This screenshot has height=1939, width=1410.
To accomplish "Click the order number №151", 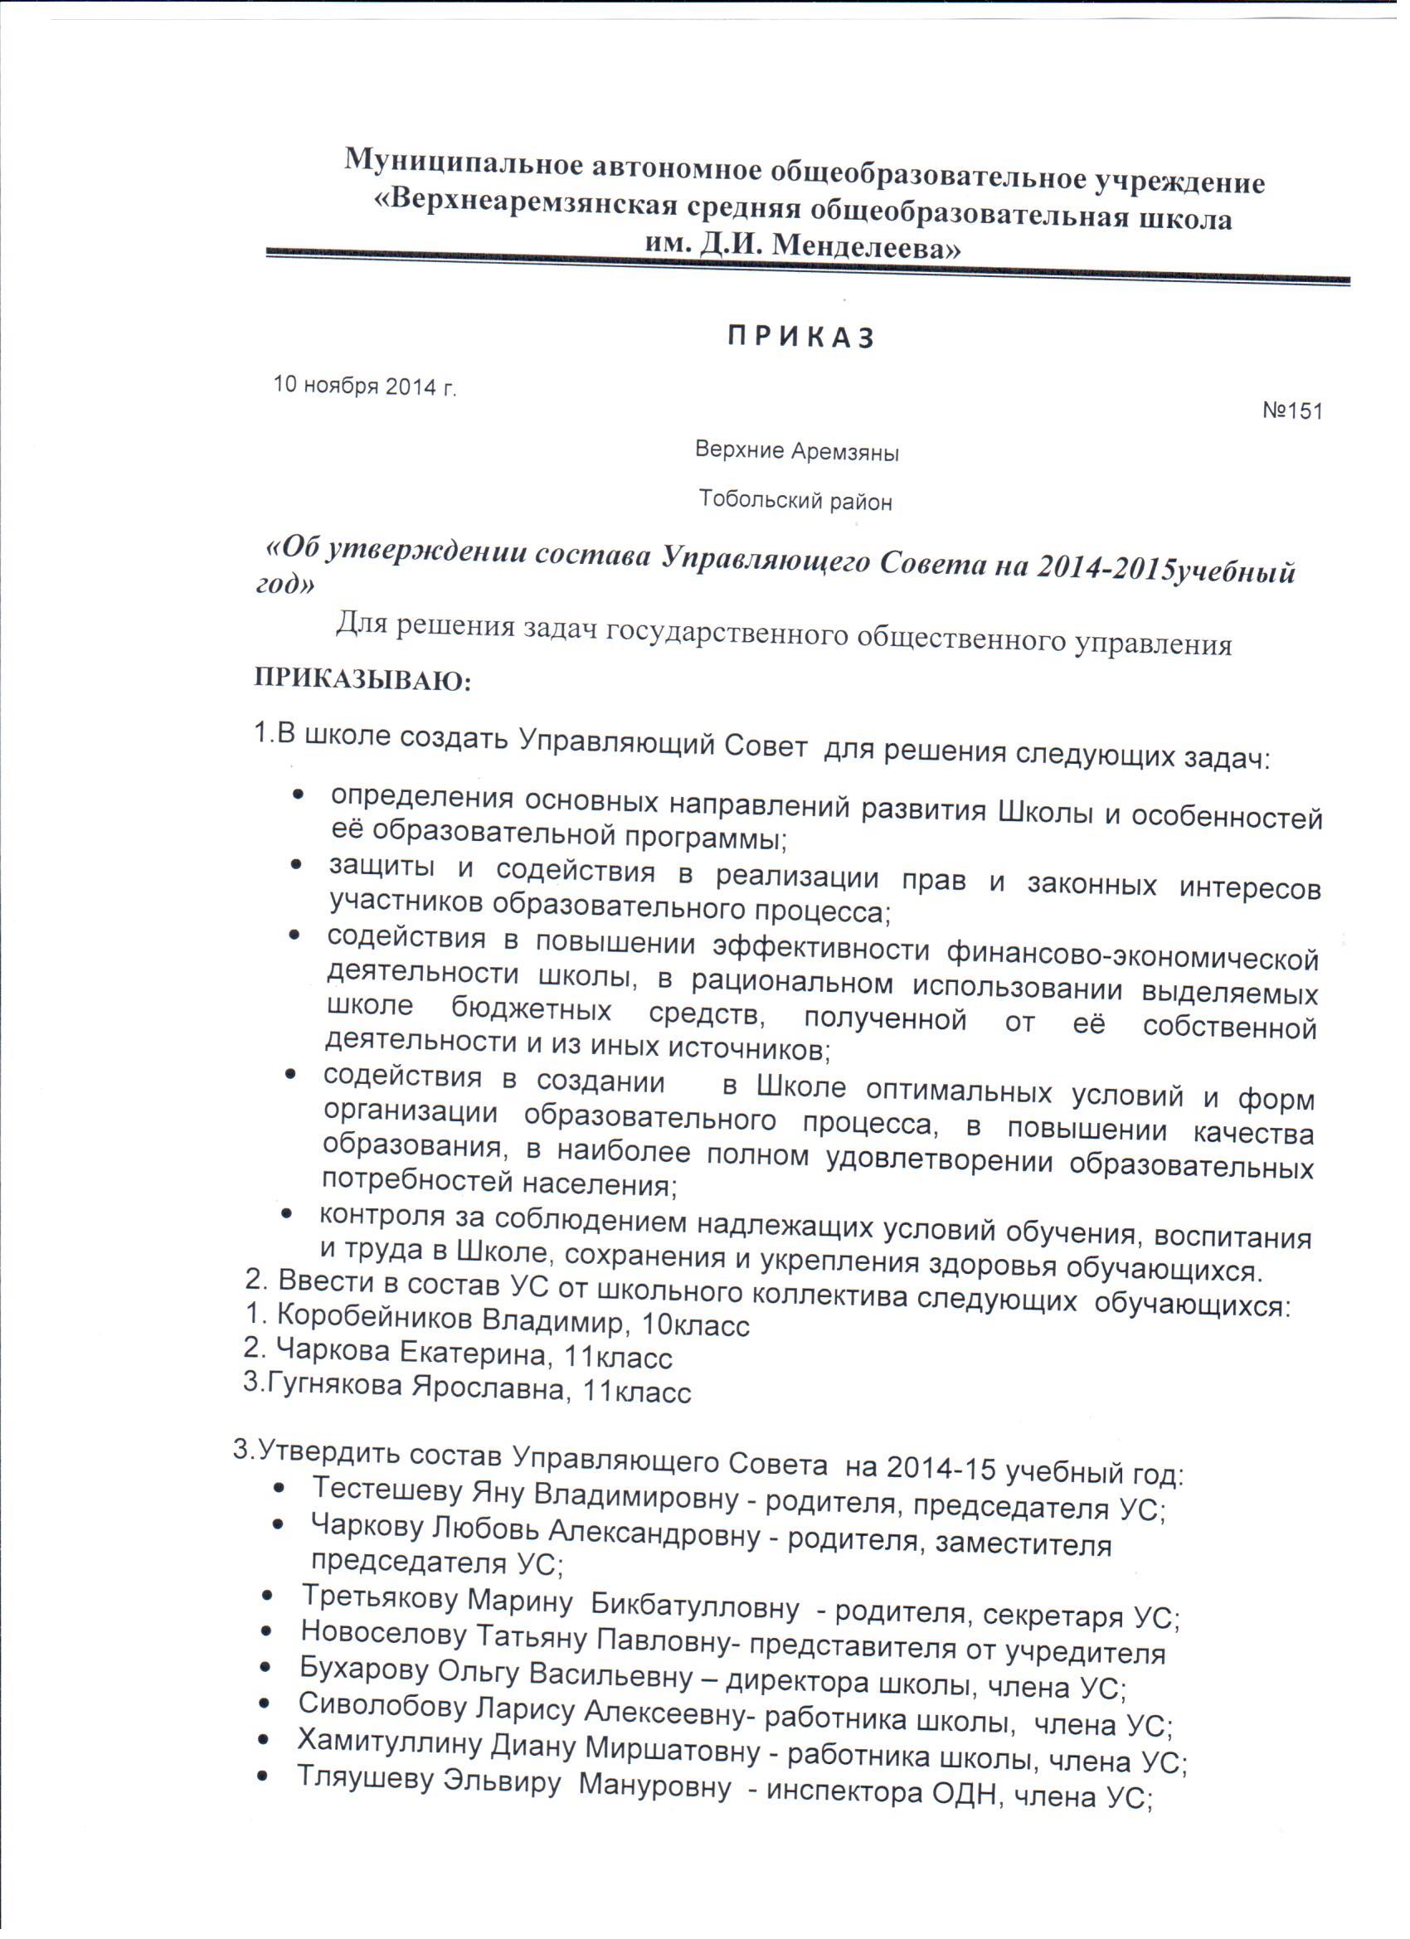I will coord(1292,411).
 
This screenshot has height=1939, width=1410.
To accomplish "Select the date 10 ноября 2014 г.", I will coord(364,386).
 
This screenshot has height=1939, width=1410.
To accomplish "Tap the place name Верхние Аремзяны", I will coord(796,450).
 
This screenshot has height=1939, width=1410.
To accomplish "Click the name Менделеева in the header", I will coord(865,247).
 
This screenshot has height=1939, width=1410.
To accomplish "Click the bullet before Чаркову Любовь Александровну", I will coord(278,1524).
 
